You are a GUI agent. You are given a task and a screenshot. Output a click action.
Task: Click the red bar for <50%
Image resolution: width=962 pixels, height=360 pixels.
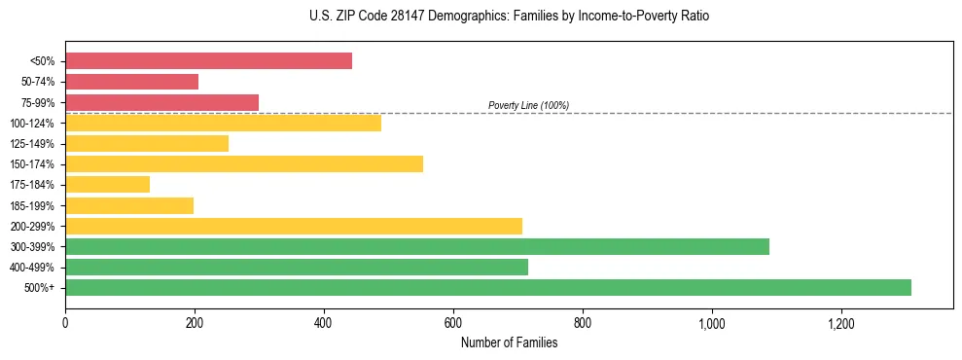tap(208, 61)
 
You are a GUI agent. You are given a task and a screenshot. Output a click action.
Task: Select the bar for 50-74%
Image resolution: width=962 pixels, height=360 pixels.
tap(131, 82)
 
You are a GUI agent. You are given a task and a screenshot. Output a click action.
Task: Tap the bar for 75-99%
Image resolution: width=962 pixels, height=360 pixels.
tap(161, 102)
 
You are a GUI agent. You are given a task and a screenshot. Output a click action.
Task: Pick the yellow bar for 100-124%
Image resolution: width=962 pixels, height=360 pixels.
tap(223, 123)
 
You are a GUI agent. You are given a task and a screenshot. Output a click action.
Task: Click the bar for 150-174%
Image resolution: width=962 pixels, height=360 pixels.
tap(244, 163)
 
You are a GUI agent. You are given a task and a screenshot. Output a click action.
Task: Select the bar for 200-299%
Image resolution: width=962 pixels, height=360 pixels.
tap(294, 226)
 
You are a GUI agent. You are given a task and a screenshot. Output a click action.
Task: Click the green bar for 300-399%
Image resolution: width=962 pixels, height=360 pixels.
tap(417, 246)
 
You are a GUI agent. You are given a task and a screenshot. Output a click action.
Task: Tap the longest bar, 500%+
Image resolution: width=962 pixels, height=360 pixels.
tap(488, 287)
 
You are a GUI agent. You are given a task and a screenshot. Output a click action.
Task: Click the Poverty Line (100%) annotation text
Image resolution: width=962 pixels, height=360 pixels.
tap(528, 105)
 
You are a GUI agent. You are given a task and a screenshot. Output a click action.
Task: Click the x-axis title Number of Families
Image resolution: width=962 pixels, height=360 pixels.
tap(509, 342)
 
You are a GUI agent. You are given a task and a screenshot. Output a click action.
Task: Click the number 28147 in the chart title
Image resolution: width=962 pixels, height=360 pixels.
tap(420, 17)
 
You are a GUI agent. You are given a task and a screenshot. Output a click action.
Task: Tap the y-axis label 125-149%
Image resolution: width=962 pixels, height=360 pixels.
tap(32, 144)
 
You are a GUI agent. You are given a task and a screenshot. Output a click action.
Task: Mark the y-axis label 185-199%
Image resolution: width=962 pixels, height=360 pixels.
tap(32, 205)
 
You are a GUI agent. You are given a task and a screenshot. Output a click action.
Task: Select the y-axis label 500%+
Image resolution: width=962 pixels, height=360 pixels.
tap(39, 288)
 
